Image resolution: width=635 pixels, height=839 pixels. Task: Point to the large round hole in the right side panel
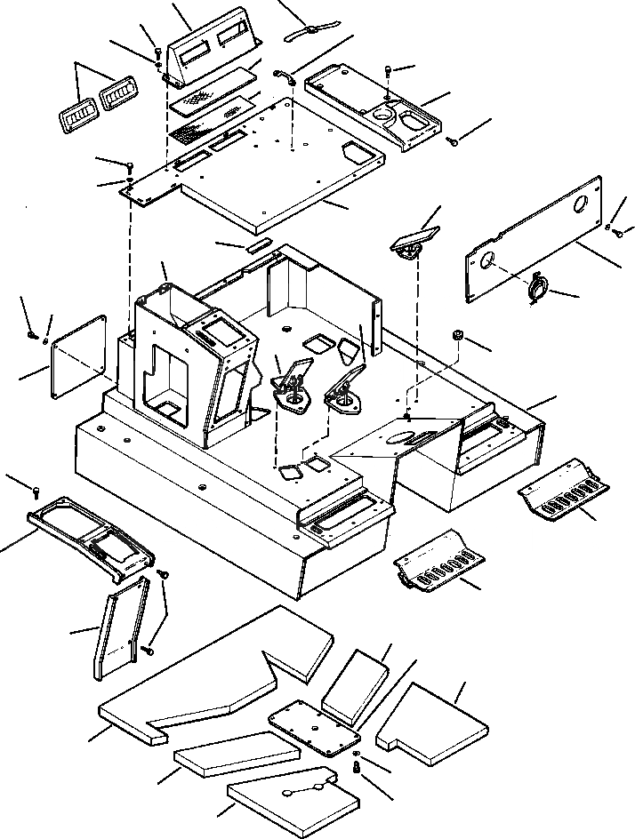pyautogui.click(x=581, y=205)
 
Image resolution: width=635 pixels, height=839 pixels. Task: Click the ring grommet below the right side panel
pyautogui.click(x=539, y=291)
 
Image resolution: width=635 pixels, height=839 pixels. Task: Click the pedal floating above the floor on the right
pyautogui.click(x=414, y=242)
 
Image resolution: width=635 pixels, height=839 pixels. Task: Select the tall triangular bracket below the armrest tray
pyautogui.click(x=118, y=627)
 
